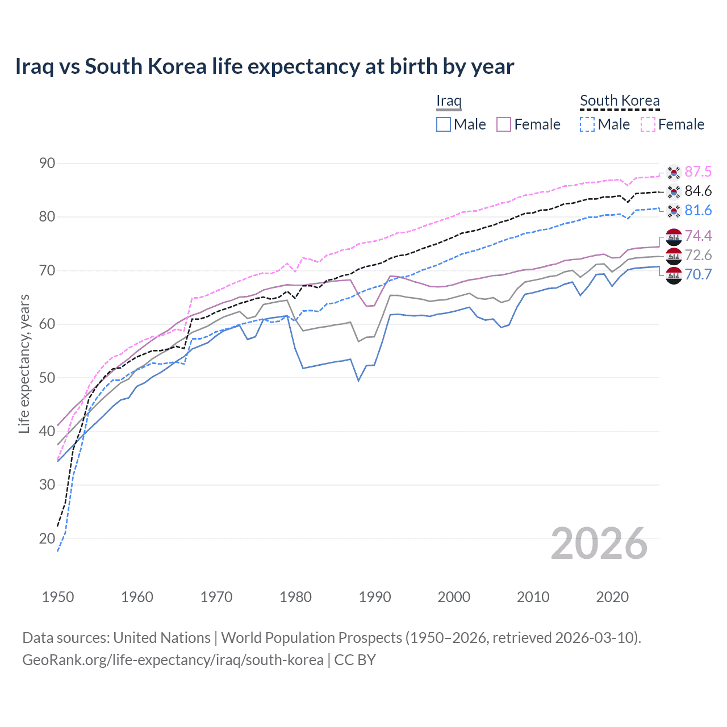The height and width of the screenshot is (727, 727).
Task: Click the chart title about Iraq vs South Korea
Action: [265, 66]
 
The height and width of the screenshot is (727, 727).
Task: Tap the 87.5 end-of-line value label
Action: [698, 172]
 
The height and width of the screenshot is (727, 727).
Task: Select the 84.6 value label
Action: [698, 191]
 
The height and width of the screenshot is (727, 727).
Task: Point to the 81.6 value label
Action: [698, 210]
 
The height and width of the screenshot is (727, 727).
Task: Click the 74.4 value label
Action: [698, 236]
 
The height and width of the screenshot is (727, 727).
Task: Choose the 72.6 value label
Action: [698, 255]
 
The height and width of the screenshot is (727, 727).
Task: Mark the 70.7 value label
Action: [698, 274]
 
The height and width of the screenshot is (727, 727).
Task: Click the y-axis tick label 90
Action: [47, 164]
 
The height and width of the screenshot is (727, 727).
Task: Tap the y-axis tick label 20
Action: [47, 538]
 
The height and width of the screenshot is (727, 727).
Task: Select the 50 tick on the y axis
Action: [47, 378]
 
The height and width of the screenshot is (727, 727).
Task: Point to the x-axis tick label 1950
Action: [58, 597]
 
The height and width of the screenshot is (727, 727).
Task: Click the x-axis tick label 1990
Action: [375, 597]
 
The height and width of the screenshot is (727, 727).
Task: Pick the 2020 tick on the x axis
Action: [612, 597]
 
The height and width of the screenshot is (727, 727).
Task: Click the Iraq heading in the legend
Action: [449, 101]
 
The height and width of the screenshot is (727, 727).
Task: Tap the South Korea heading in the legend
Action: [620, 101]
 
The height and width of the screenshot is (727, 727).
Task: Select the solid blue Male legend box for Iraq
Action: [444, 124]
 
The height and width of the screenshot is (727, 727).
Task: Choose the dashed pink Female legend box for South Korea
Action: [648, 124]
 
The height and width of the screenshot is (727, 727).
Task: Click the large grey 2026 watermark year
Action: [599, 544]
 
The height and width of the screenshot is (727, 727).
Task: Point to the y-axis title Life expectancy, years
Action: [24, 363]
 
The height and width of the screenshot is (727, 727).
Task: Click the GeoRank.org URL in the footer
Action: [173, 660]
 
